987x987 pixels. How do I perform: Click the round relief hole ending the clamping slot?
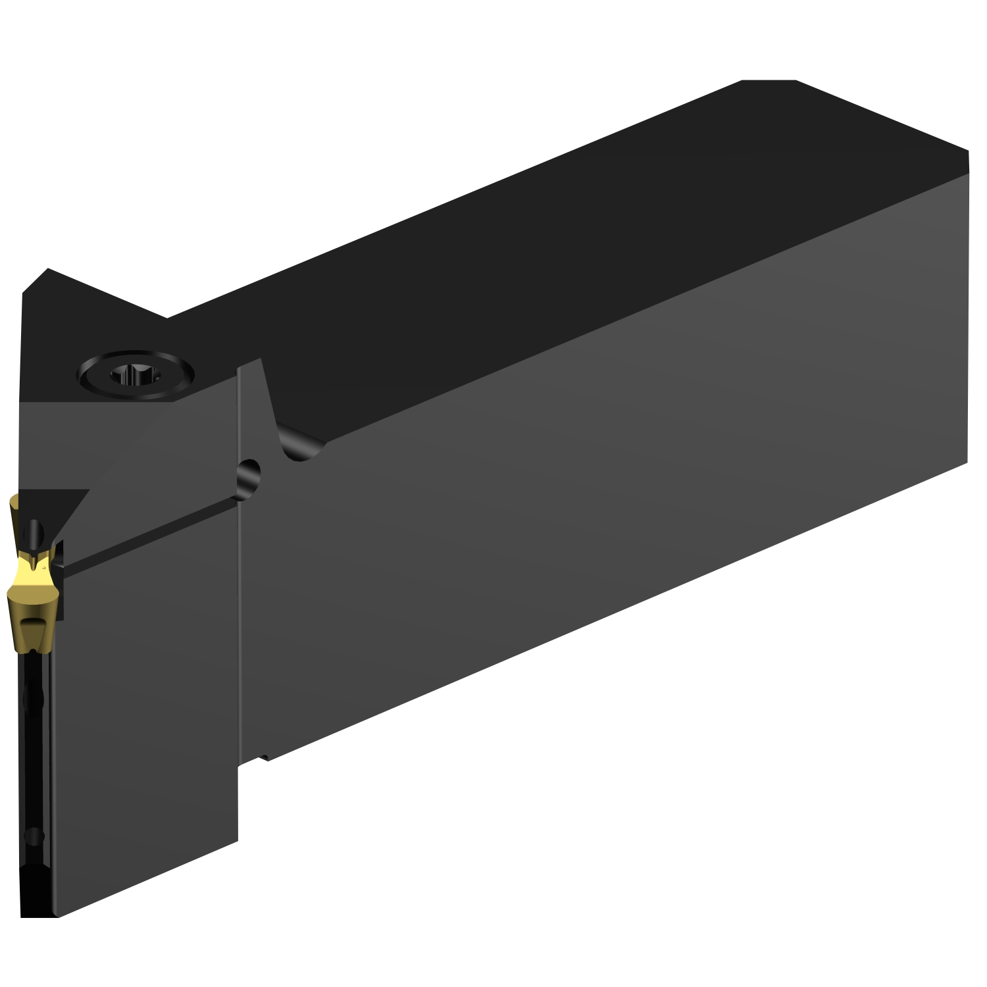[x=249, y=472]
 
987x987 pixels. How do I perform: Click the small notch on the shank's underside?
[x=263, y=759]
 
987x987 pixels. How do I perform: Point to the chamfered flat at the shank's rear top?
[x=769, y=81]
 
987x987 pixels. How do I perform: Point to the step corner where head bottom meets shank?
[x=239, y=763]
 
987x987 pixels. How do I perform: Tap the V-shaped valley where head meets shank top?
[x=167, y=318]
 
